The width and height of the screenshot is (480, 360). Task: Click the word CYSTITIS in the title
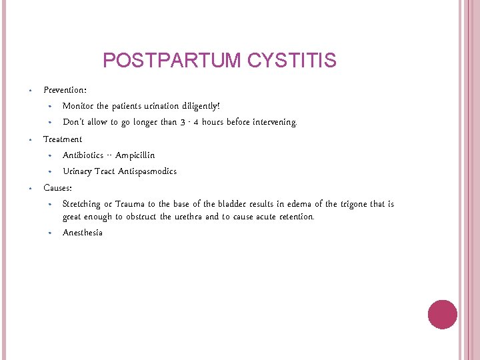point(291,61)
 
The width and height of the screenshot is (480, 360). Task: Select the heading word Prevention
point(64,89)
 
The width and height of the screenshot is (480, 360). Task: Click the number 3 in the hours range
point(181,122)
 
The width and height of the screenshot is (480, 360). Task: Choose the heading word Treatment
point(63,139)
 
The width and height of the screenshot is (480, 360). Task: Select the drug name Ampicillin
point(135,155)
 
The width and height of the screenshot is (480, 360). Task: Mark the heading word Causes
point(57,188)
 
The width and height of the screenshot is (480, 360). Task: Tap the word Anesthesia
point(83,233)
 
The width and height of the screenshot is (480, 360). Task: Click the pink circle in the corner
point(442,315)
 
